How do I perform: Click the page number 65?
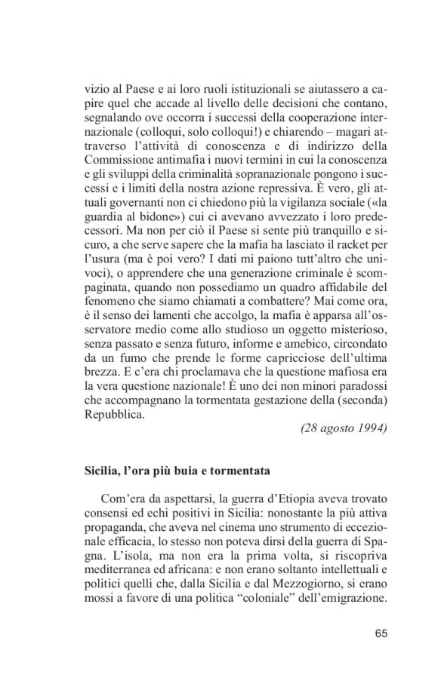(380, 632)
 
